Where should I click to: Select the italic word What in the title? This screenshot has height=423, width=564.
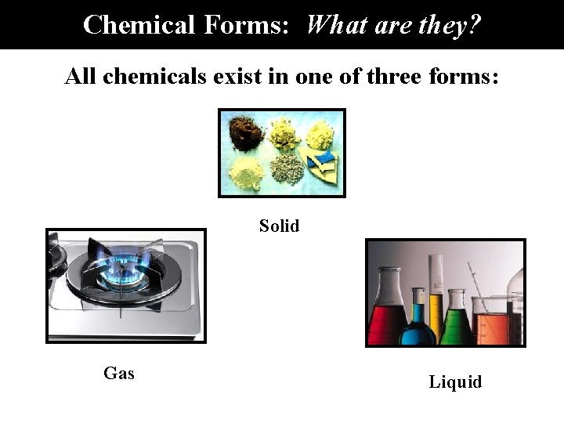point(335,24)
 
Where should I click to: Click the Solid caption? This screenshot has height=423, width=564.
point(279,226)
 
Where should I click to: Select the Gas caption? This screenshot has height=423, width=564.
point(119,374)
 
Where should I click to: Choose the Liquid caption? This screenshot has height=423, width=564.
point(455,382)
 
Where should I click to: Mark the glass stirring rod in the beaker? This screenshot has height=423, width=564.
point(475,286)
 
